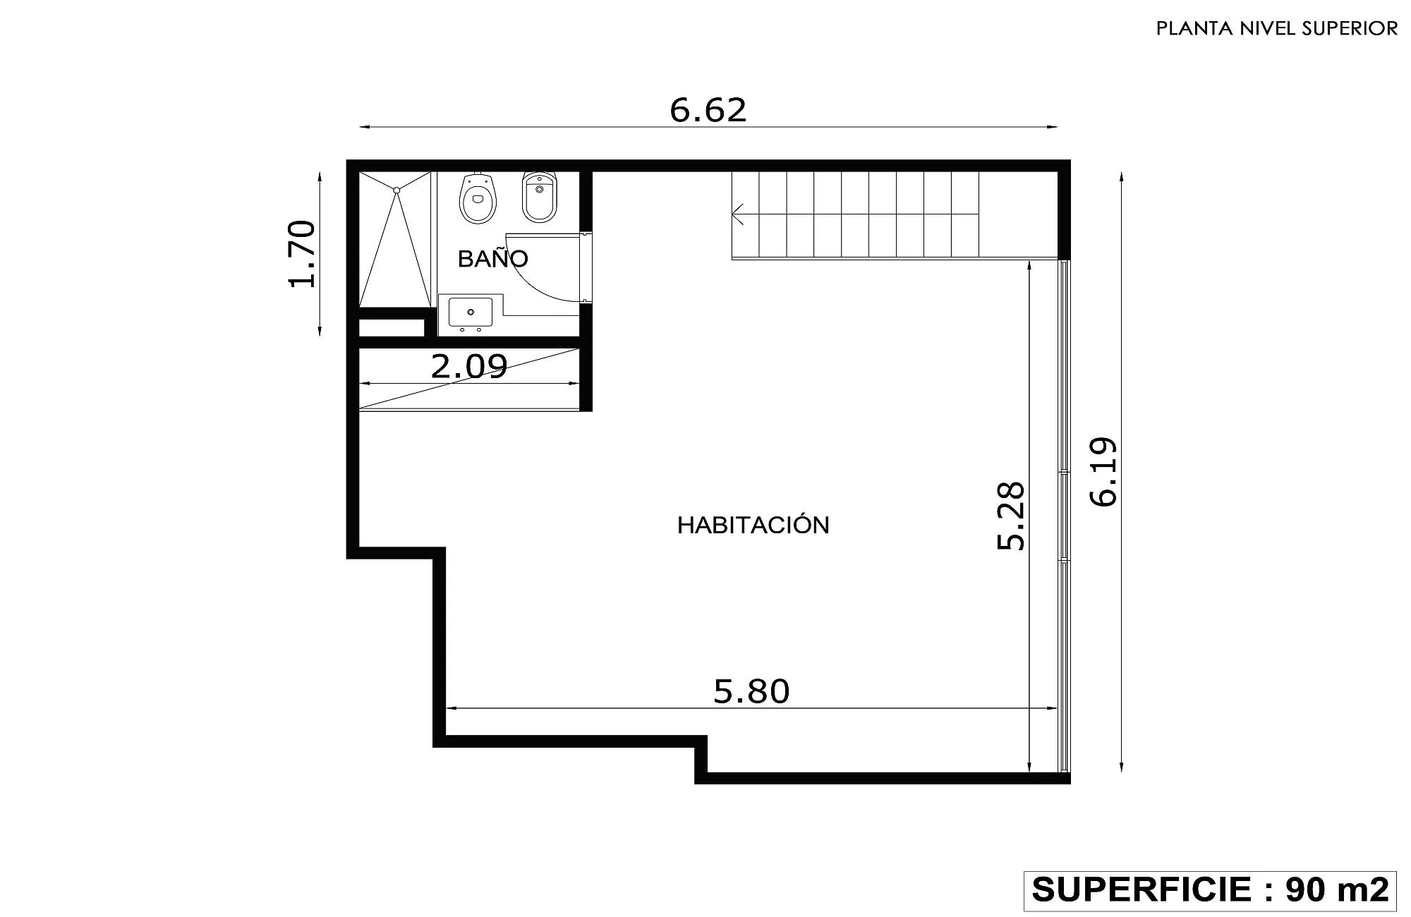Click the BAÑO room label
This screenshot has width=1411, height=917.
[x=492, y=258]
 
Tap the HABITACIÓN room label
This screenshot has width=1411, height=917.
[x=753, y=525]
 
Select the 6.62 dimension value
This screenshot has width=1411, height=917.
[x=708, y=110]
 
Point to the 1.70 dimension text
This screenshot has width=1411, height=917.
[x=301, y=254]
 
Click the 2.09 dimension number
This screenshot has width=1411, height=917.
[x=469, y=366]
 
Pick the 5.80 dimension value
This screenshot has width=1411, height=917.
[x=751, y=691]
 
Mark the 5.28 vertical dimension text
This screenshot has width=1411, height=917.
[x=1010, y=516]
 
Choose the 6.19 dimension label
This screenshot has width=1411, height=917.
[x=1104, y=472]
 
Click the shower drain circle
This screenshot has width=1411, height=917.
[x=396, y=190]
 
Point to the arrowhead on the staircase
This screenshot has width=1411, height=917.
[x=738, y=214]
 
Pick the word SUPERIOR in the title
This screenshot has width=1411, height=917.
[x=1355, y=28]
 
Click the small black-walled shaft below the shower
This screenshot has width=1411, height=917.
[x=392, y=328]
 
